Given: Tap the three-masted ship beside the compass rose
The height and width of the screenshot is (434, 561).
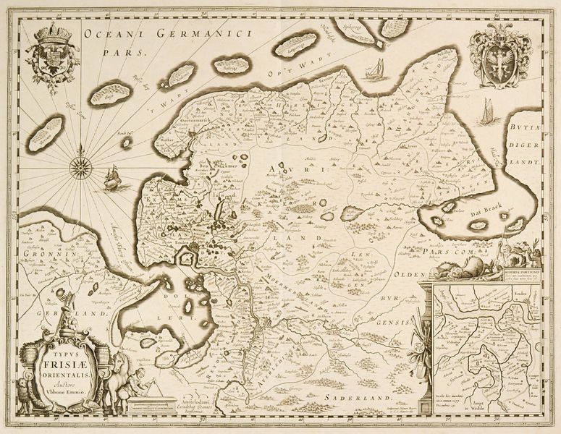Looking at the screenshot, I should (x=112, y=177).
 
